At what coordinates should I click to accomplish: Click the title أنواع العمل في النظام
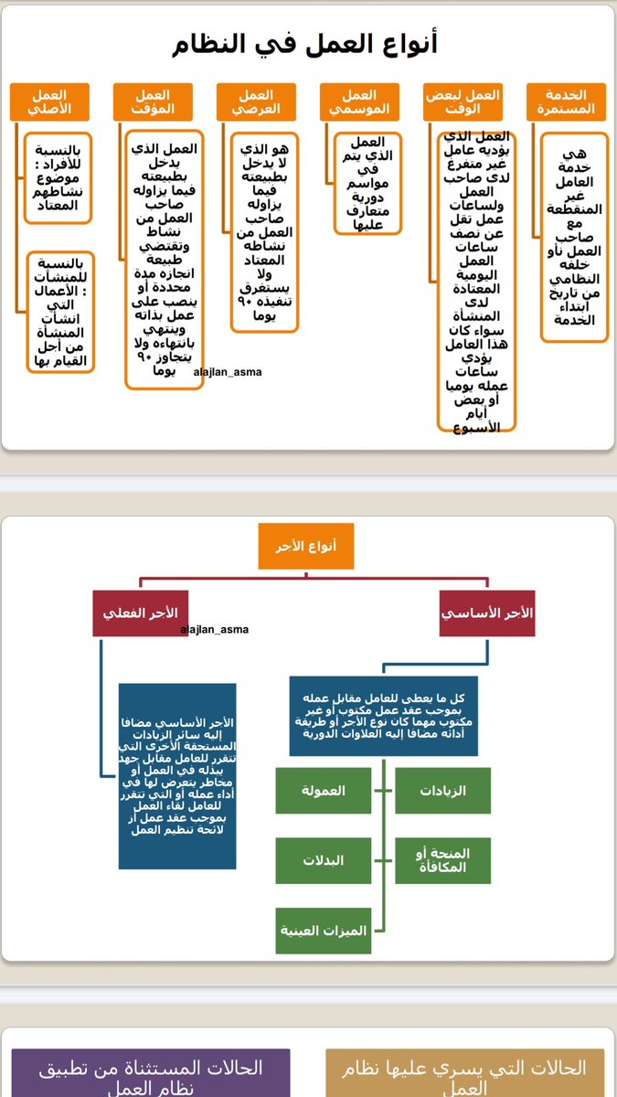[x=307, y=43]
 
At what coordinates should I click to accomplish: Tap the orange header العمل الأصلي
[x=49, y=101]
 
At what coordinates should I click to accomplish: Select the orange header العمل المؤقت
[x=153, y=101]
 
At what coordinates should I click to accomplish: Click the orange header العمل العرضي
[x=256, y=101]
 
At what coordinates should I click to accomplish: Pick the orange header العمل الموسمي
[x=359, y=101]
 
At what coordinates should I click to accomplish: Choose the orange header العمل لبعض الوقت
[x=463, y=101]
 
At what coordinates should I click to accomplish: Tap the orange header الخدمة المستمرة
[x=566, y=101]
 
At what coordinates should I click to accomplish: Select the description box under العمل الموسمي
[x=367, y=183]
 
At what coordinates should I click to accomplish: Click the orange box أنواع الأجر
[x=306, y=546]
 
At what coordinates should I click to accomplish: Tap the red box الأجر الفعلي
[x=140, y=612]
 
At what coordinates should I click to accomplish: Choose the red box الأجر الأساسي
[x=486, y=612]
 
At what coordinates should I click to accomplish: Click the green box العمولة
[x=324, y=791]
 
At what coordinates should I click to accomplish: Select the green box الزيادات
[x=442, y=791]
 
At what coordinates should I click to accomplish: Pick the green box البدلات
[x=324, y=860]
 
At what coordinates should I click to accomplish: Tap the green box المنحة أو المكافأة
[x=442, y=860]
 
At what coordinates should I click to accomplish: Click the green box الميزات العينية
[x=324, y=931]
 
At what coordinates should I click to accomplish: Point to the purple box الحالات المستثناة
[x=151, y=1075]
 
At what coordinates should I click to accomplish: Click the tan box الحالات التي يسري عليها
[x=465, y=1075]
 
